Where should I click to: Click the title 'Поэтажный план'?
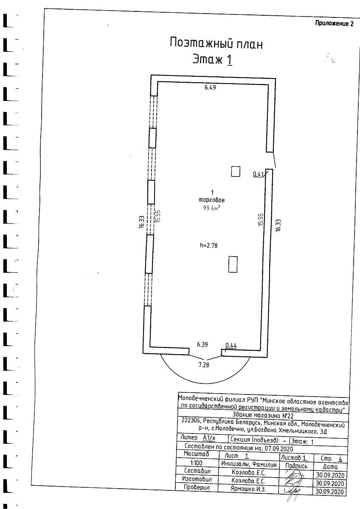216,44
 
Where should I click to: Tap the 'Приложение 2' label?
334,24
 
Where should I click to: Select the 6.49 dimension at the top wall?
210,87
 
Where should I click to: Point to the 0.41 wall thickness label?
258,174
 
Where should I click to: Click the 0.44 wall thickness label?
231,346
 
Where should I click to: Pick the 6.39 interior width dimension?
202,344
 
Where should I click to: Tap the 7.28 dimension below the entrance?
204,365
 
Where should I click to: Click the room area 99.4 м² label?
211,208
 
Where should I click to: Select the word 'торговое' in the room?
212,200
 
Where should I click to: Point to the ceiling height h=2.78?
209,246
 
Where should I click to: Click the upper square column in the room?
236,171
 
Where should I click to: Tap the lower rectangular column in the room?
233,264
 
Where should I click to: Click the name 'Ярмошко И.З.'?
248,489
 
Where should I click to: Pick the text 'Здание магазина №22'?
263,416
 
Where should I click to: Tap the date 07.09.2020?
278,448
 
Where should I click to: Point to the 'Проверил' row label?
197,487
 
